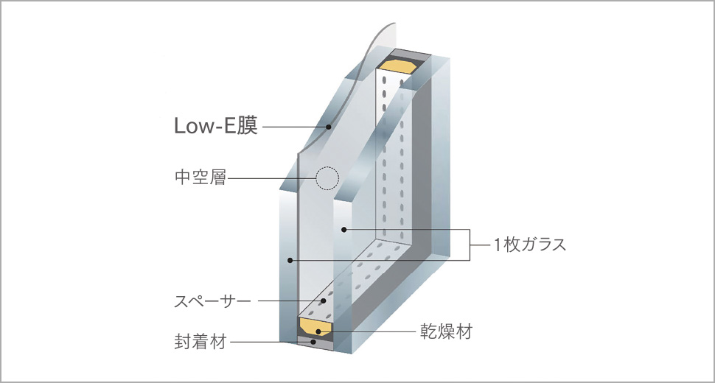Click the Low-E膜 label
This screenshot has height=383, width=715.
215,127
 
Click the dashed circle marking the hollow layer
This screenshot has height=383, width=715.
326,178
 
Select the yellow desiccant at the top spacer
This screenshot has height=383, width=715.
397,67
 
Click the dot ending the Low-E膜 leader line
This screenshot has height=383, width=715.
329,127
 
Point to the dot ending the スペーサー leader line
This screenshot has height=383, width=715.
322,301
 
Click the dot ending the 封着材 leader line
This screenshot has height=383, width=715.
314,341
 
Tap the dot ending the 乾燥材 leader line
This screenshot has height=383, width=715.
318,332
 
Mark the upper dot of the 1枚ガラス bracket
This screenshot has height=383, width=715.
343,231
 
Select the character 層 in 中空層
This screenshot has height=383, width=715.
219,178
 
